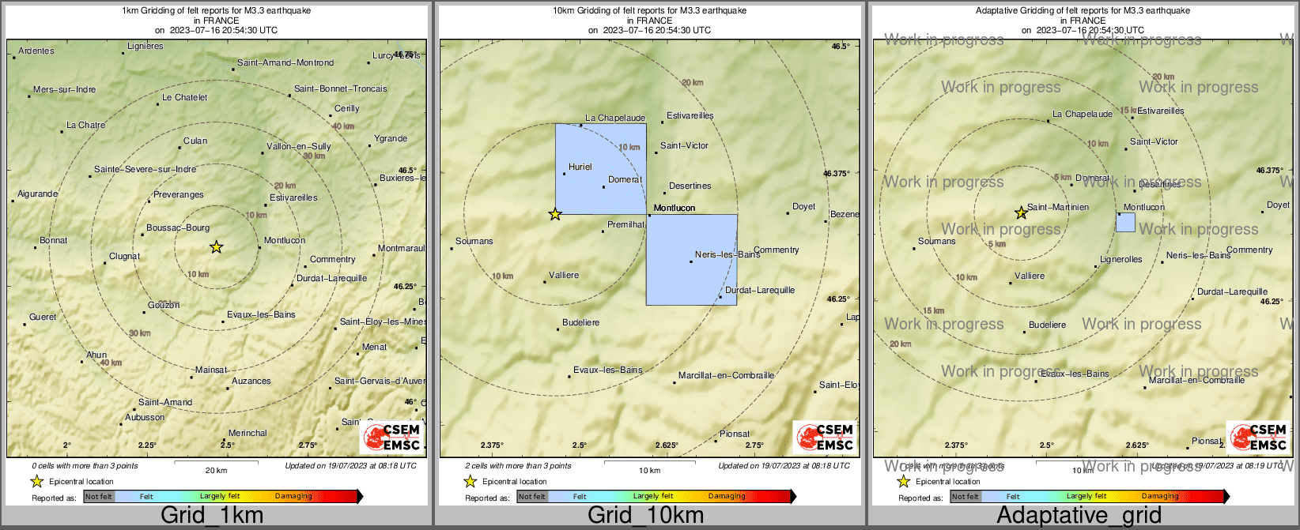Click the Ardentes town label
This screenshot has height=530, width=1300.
(36, 51)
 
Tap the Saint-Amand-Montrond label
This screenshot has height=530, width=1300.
(285, 62)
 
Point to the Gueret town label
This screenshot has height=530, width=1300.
(43, 317)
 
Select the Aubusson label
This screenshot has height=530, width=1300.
(145, 417)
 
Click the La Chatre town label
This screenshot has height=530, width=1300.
(85, 125)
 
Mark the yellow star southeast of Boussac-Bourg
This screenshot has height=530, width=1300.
(216, 247)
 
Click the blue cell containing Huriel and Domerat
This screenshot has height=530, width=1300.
(600, 168)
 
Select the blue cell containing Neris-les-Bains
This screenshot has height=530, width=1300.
(691, 260)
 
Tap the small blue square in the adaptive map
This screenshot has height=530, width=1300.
(1125, 222)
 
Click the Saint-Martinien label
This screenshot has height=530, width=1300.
(1058, 207)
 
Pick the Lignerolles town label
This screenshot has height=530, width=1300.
(1121, 259)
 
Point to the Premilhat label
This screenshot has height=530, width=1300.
(625, 225)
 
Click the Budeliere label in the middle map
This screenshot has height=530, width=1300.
(580, 322)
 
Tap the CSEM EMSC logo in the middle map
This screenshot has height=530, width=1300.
(826, 437)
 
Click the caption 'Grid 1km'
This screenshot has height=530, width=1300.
(212, 516)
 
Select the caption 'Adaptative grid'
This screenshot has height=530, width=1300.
(1079, 516)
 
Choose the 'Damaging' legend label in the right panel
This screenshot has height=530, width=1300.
(1160, 496)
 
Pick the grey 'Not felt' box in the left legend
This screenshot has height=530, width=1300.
(99, 496)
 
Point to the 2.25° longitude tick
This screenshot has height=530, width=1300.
(147, 445)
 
